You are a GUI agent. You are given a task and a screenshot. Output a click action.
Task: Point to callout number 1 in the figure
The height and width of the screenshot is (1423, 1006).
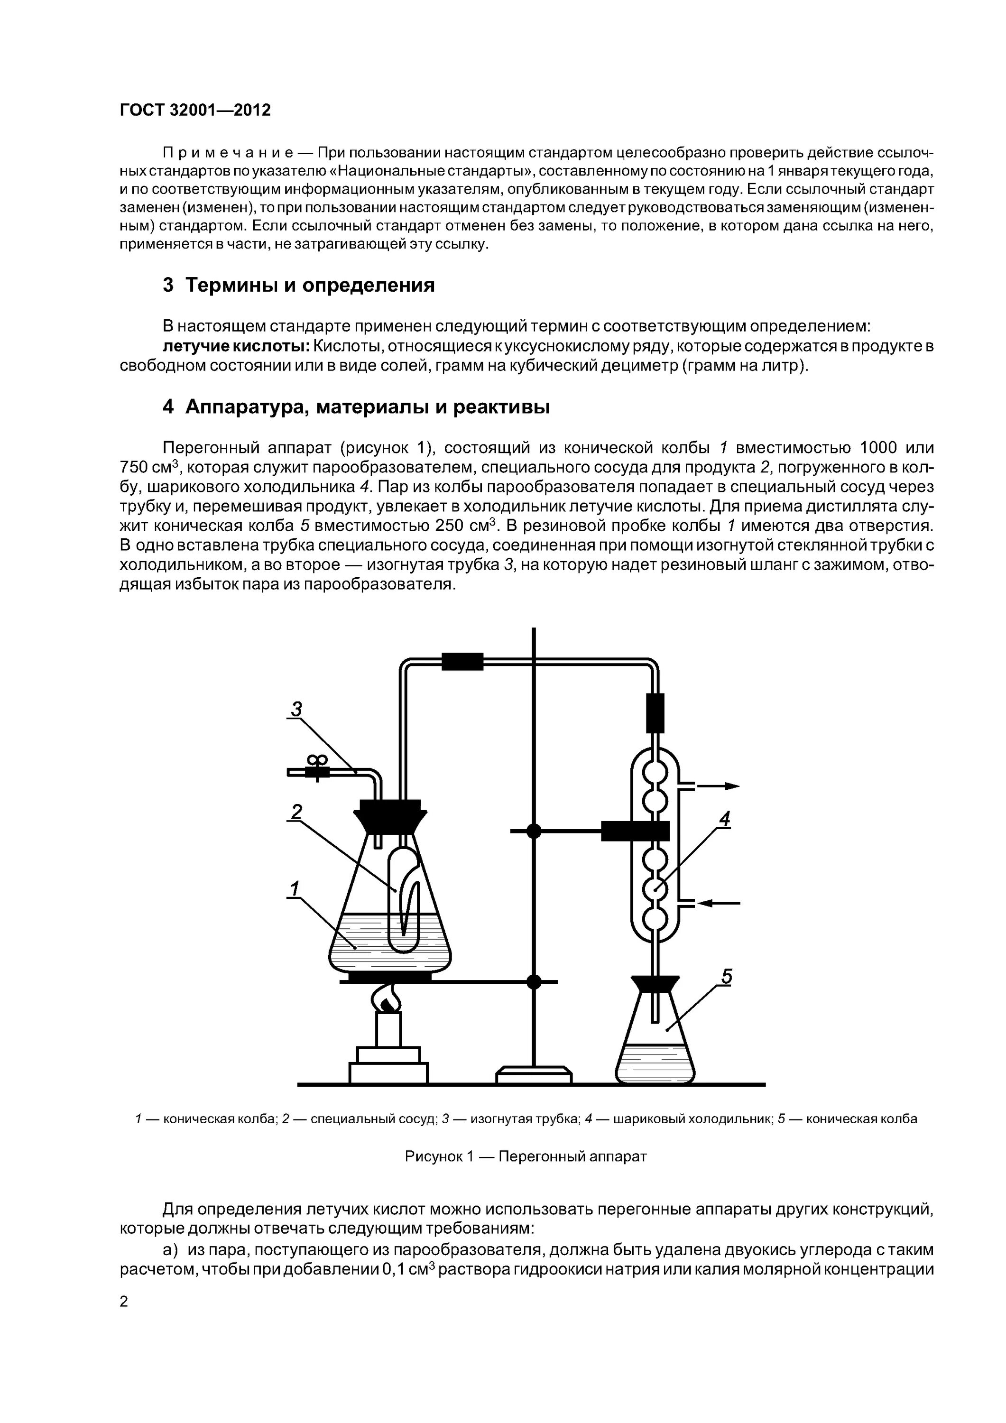tap(294, 889)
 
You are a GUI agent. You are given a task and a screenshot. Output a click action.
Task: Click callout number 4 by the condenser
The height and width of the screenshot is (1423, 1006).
tap(724, 819)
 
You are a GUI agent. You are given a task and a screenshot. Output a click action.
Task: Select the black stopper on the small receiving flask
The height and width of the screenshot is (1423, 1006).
tap(655, 985)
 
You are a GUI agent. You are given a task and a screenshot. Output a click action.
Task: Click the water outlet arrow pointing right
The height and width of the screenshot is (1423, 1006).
tap(719, 786)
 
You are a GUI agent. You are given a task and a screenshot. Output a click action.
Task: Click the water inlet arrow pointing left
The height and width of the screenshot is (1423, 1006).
tap(719, 904)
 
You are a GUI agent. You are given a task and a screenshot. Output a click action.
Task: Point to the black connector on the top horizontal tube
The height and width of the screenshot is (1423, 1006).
tap(462, 661)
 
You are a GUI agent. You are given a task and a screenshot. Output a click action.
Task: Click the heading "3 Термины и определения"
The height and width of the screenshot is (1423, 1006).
tap(299, 285)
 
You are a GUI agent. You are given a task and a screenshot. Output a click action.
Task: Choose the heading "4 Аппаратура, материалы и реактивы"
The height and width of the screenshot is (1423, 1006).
tap(356, 407)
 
